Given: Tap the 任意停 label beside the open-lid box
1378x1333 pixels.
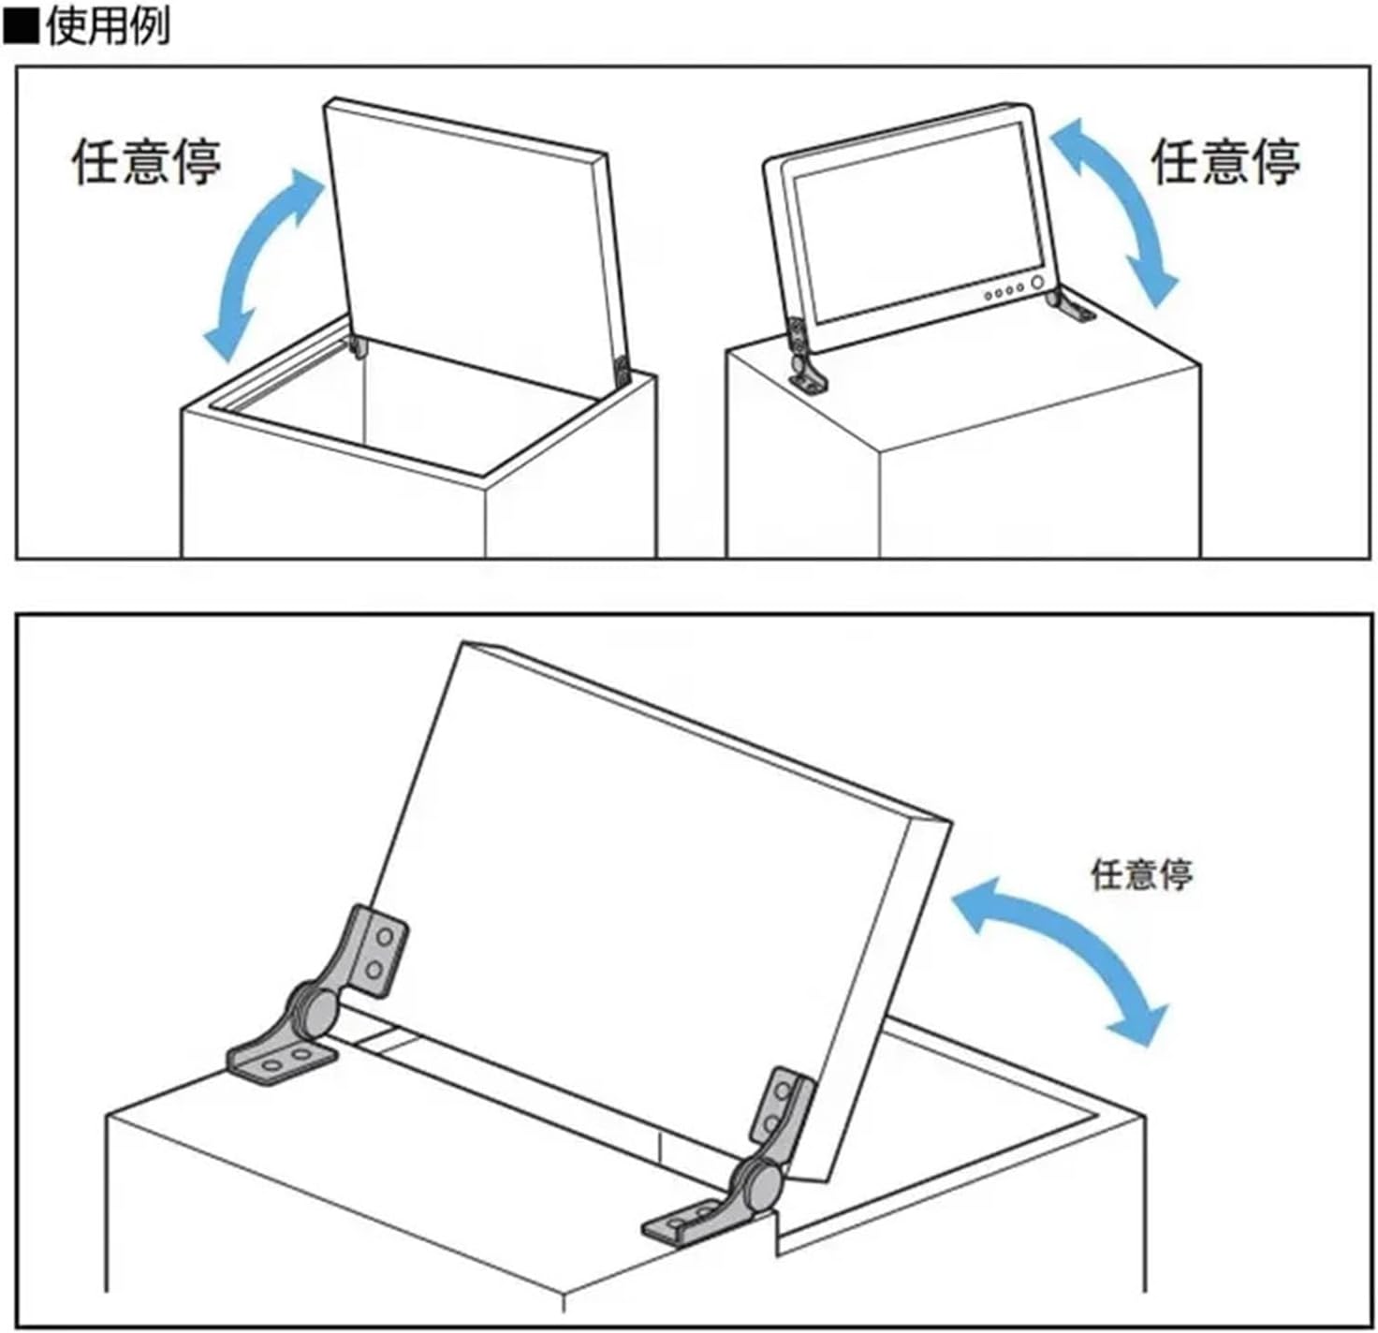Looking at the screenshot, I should coord(147,161).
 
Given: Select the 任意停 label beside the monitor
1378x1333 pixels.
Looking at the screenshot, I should coord(1224,161).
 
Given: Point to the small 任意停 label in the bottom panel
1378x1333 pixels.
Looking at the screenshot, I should coord(1141,875).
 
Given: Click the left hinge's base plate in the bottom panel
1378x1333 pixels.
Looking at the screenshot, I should coord(281,1062).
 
